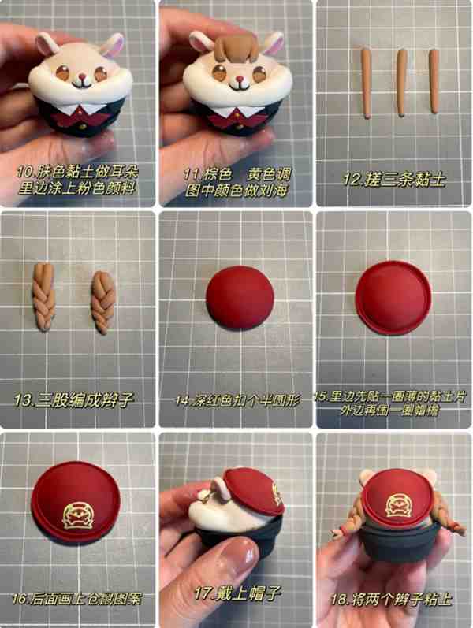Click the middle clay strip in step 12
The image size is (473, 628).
(401, 83)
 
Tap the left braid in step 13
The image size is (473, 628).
(43, 296)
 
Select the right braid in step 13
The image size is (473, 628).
(103, 302)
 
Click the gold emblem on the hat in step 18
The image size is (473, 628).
(399, 504)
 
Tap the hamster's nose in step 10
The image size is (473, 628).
(82, 76)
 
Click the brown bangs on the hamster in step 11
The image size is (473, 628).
(236, 47)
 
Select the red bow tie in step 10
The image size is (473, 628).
(81, 117)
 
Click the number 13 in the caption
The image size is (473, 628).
(24, 400)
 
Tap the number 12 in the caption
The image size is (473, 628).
(352, 179)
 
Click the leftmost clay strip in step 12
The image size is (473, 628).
(367, 84)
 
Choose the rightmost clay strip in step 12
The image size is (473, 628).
(434, 81)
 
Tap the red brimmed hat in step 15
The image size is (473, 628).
(393, 297)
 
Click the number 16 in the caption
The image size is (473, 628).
(20, 599)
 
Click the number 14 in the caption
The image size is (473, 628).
(183, 400)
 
